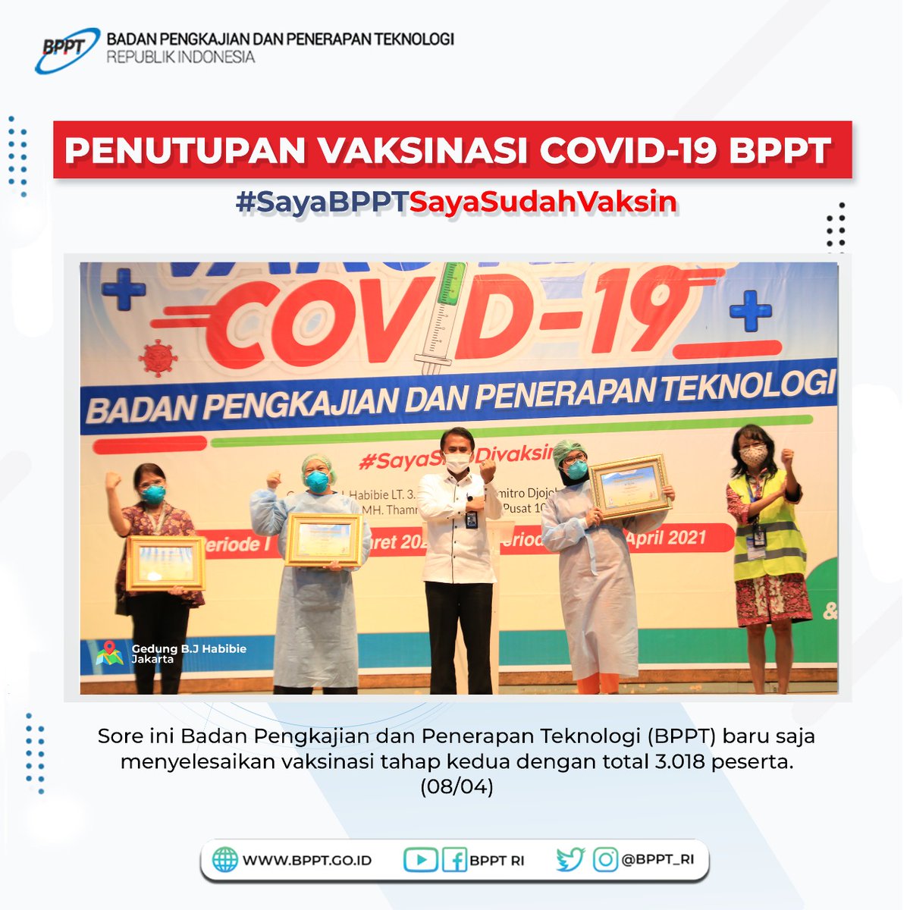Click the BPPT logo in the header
pos(67,49)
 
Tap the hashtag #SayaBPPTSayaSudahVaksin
pos(456,202)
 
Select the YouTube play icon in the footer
pos(420,859)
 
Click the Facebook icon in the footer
pos(453,859)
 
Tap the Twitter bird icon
pos(570,859)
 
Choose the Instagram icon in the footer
pos(605,859)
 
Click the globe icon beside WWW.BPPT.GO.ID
pos(224,860)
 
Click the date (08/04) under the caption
pos(457,787)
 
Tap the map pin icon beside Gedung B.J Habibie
pos(109,653)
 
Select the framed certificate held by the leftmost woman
pos(165,562)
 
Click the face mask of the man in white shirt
pos(457,463)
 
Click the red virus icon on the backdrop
pos(158,357)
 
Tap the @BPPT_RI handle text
pos(657,859)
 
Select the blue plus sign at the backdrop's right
pos(750,311)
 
